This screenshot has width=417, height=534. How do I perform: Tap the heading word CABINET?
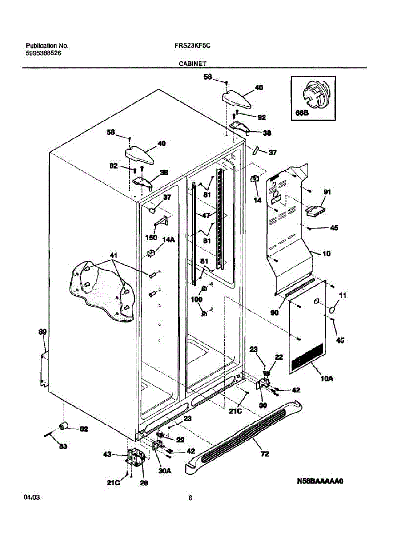[192, 64]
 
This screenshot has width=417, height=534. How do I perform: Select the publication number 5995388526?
[44, 53]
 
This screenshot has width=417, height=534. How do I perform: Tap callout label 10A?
[327, 379]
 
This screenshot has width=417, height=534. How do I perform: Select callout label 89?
[42, 332]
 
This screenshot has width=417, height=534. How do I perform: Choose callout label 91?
[327, 192]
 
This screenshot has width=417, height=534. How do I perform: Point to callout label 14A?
[168, 240]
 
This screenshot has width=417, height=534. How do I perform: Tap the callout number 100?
[196, 300]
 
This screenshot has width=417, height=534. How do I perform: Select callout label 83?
[63, 446]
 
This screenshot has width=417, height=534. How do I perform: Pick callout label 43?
[107, 454]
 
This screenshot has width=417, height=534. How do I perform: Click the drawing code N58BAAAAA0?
[321, 482]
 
